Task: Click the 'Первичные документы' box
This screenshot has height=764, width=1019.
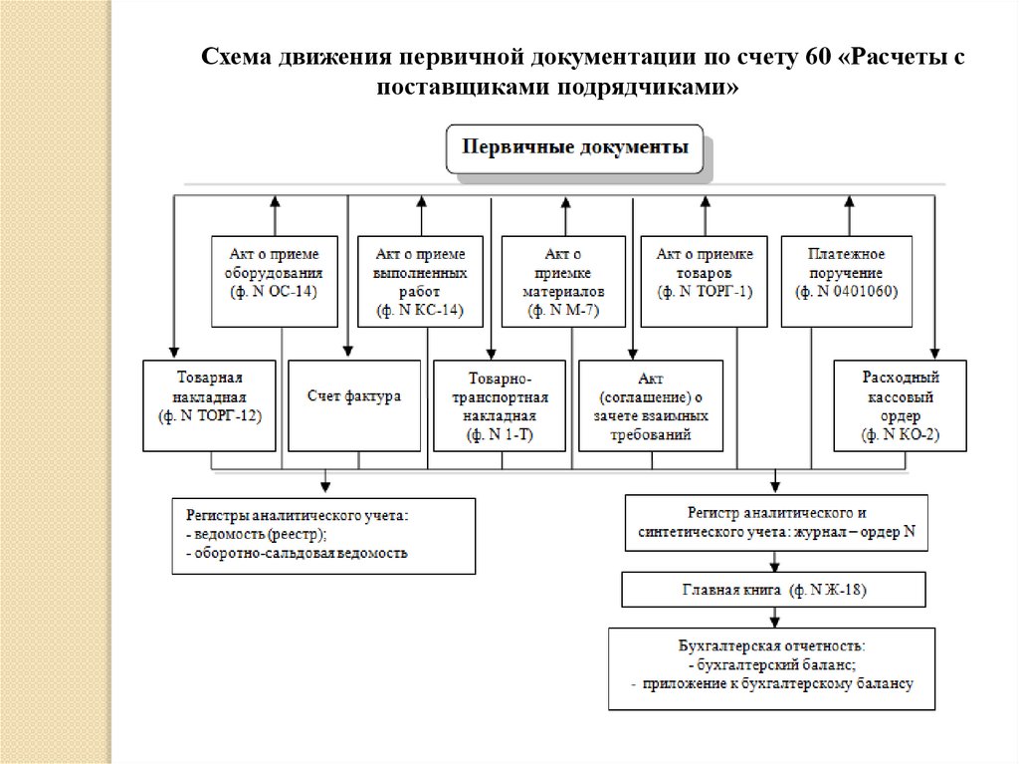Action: tap(573, 149)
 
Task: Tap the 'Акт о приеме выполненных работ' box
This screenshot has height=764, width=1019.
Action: tap(420, 281)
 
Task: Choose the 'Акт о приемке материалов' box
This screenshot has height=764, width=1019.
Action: tap(563, 281)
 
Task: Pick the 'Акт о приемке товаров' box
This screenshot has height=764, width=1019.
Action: tap(705, 281)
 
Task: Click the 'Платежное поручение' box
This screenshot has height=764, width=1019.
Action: tap(846, 281)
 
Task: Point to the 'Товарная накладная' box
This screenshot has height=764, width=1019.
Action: tap(209, 406)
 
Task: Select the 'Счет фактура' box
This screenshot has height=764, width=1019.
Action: tap(354, 406)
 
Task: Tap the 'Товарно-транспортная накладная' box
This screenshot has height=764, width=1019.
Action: tap(500, 406)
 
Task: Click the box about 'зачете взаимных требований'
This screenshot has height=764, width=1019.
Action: tap(645, 406)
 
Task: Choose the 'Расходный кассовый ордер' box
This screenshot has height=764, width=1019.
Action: tap(900, 406)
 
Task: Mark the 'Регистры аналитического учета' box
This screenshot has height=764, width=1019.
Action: tap(322, 535)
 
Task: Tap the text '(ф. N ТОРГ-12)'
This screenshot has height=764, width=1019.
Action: tap(209, 417)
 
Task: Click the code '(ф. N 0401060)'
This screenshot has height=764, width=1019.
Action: tap(846, 292)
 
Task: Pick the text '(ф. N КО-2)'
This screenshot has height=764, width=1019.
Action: tap(900, 435)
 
